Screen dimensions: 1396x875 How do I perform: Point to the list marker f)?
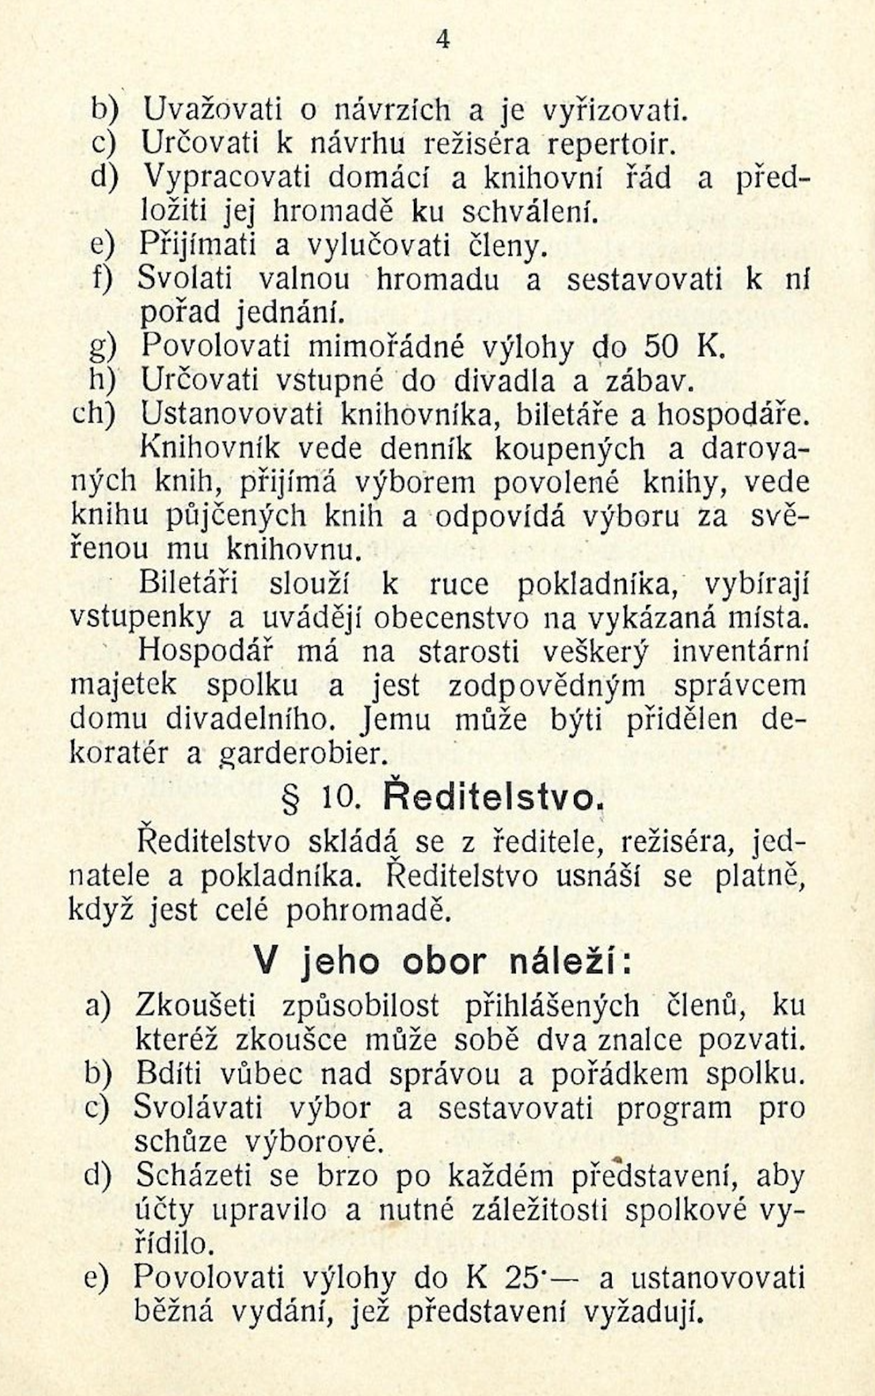point(103,278)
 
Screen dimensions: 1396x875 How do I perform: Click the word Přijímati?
point(199,246)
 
